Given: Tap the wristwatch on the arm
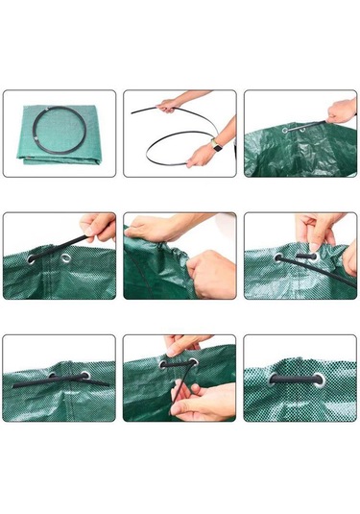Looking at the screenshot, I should [x=215, y=145].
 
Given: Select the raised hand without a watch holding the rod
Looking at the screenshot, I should [x=171, y=104].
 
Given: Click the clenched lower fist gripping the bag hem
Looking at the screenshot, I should [x=211, y=273].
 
